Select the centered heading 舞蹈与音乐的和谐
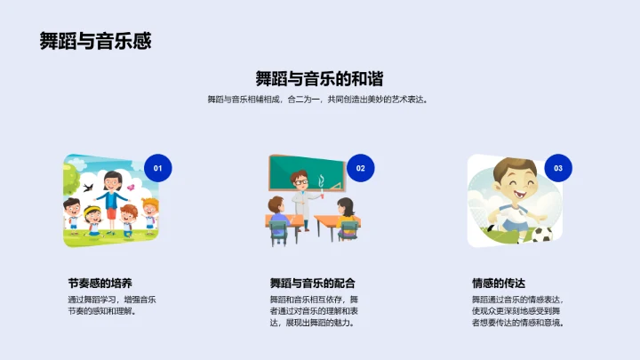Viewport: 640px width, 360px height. (x=319, y=77)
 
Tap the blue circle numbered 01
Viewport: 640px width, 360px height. (x=157, y=167)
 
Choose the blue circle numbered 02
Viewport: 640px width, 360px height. (x=360, y=167)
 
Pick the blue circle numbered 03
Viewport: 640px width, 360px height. (x=557, y=167)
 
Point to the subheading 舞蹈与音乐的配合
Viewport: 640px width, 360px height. (x=313, y=283)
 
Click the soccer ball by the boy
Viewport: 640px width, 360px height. (x=541, y=235)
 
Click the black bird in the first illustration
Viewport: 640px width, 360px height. (x=88, y=188)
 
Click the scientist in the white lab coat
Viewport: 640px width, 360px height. (x=302, y=191)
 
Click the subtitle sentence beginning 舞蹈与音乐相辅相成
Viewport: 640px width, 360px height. (x=319, y=100)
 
